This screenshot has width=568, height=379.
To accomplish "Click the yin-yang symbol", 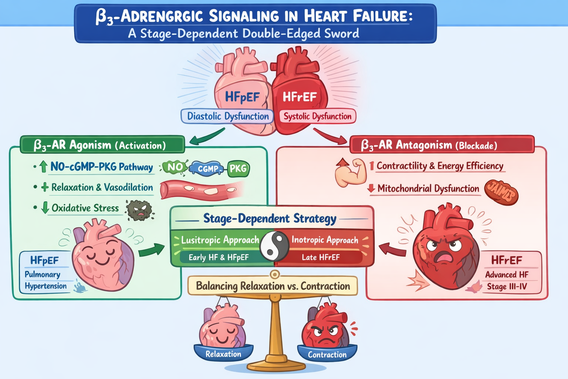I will [x=274, y=246].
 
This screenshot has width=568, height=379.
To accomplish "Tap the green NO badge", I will [x=175, y=167].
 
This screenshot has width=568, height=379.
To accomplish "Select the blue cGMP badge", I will [x=207, y=169].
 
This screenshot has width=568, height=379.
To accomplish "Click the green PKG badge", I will [x=238, y=169].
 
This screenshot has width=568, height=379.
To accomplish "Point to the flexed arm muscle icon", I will [x=351, y=172].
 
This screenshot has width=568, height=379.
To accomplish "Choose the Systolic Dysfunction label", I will [x=317, y=116].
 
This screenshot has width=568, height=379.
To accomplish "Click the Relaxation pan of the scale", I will [x=223, y=353].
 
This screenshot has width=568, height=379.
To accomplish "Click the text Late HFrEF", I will [x=321, y=257].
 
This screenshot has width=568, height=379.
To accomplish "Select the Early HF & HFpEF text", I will [x=219, y=257].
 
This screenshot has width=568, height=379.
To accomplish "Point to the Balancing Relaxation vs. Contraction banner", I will [x=273, y=286].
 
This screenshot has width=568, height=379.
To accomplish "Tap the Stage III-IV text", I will [x=507, y=286].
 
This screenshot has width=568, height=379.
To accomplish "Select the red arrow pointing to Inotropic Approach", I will [x=392, y=249].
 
